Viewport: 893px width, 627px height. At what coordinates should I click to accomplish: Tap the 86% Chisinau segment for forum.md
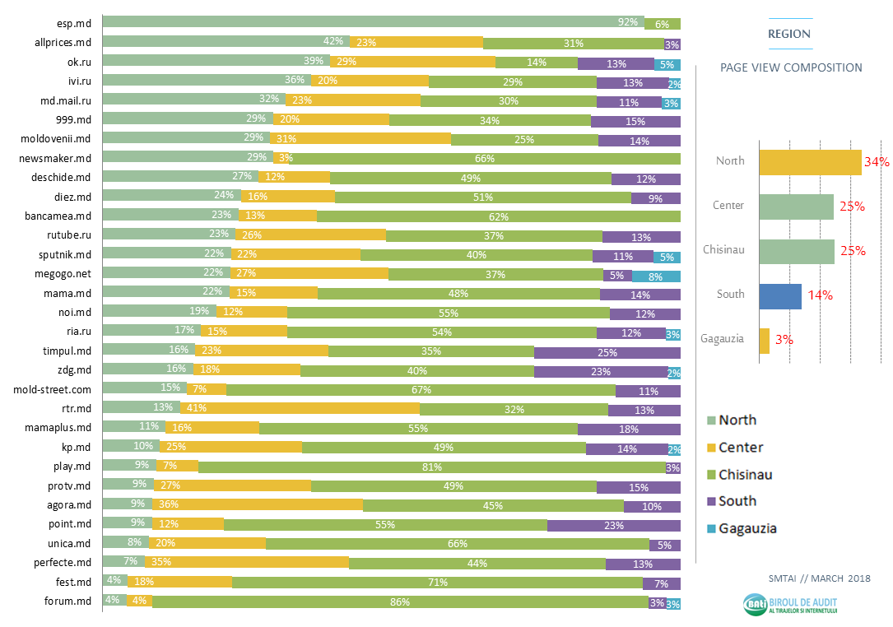pos(400,602)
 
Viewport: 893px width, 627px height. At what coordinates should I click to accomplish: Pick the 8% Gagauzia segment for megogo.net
pos(656,276)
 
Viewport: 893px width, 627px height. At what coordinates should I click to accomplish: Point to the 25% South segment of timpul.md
pos(607,351)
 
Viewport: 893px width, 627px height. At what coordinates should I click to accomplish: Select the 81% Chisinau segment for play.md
pos(432,467)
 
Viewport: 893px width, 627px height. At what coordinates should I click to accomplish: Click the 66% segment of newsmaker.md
pos(485,157)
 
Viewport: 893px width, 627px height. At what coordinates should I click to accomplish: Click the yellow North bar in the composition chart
pos(810,162)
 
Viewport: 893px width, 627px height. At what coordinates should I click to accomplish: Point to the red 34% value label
pos(877,162)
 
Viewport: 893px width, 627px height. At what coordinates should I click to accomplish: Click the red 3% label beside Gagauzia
pos(784,339)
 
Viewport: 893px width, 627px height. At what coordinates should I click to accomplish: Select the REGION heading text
pos(788,34)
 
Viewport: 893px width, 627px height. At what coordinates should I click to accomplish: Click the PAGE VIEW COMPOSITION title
pos(791,67)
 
